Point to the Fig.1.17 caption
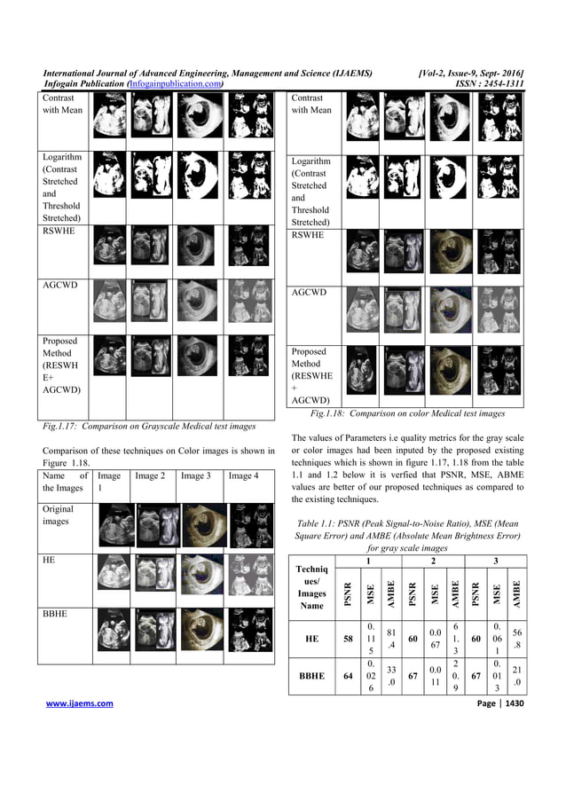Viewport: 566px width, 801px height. pos(149,427)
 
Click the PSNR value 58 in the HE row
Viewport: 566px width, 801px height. pos(348,638)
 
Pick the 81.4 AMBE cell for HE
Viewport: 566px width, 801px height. pos(391,638)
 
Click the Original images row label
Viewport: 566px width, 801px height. pos(59,515)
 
